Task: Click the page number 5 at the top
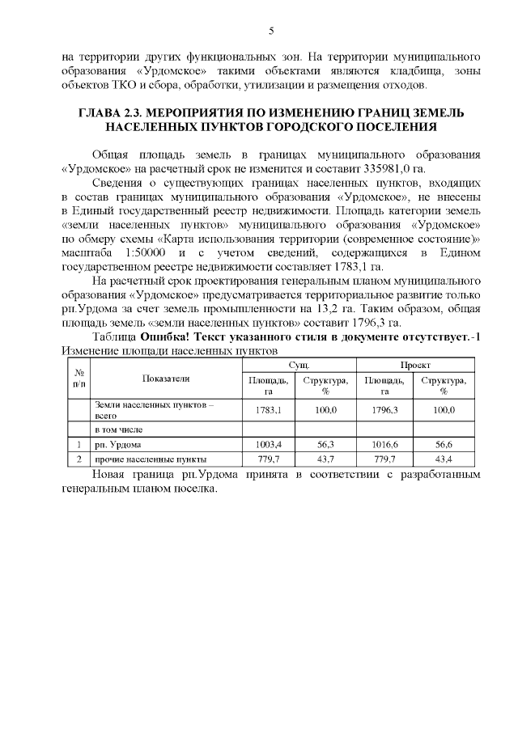(270, 31)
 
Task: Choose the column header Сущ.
(299, 366)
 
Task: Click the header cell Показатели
(166, 378)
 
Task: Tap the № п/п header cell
(79, 378)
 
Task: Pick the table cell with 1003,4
(268, 444)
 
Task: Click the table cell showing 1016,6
(384, 444)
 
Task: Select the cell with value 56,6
(443, 444)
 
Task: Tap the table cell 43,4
(443, 459)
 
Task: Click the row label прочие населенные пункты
(141, 459)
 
